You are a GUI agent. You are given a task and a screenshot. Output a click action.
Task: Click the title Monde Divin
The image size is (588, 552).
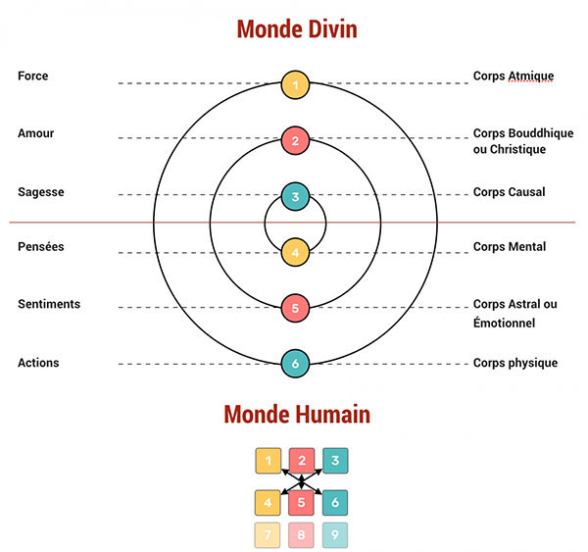click(x=296, y=28)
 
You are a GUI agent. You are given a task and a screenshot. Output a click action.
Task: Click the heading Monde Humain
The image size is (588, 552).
click(x=297, y=414)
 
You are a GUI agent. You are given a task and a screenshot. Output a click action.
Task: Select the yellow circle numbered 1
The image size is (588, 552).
click(x=295, y=84)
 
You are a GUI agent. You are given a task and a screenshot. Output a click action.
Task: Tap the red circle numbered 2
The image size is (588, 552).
click(x=295, y=140)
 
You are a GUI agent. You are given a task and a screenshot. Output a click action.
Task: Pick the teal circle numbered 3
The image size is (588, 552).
click(x=295, y=196)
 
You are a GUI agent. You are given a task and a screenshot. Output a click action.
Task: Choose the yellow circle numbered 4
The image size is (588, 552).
click(x=295, y=252)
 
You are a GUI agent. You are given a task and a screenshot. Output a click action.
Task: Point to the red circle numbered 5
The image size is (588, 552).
click(x=295, y=308)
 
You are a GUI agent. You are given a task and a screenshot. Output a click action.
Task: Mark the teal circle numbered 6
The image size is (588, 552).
click(x=295, y=364)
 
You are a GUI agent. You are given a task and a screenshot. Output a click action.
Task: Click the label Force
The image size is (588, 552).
click(x=32, y=76)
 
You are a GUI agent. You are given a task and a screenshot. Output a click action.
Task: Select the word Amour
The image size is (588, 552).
click(x=35, y=132)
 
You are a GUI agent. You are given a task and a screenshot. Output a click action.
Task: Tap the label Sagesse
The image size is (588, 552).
click(x=40, y=192)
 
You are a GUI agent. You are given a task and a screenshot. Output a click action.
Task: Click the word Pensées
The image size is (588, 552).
click(x=40, y=247)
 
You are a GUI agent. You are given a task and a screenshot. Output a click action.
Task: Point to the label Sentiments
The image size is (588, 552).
click(x=48, y=304)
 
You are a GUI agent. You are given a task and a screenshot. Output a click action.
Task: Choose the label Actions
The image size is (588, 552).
click(x=38, y=363)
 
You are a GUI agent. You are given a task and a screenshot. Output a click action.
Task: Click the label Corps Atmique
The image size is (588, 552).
click(x=513, y=76)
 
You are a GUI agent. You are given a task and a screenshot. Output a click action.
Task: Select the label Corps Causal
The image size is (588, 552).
click(x=509, y=192)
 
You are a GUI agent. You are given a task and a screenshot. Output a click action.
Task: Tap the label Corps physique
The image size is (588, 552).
click(x=514, y=363)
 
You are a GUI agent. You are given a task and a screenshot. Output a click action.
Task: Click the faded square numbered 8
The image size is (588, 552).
click(x=302, y=535)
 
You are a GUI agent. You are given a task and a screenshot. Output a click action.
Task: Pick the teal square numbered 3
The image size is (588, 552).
click(x=335, y=460)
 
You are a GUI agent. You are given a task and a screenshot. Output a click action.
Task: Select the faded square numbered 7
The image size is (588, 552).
click(x=269, y=535)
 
